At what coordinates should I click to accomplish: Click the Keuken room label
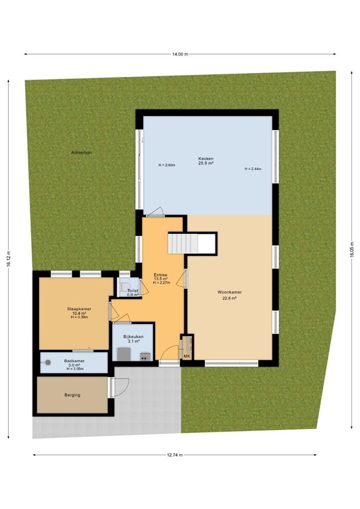click(206, 158)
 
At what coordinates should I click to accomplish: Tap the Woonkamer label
click(229, 292)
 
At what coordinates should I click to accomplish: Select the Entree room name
click(160, 274)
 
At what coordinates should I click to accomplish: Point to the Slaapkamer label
click(78, 309)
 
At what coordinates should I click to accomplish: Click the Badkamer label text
click(73, 361)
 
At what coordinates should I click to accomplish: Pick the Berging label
click(72, 395)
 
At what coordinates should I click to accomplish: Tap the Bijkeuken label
click(134, 337)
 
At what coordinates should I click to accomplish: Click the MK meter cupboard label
click(187, 357)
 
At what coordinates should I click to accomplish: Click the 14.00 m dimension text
click(180, 54)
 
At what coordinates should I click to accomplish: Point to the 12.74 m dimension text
click(174, 455)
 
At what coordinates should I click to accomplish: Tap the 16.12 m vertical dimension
click(9, 261)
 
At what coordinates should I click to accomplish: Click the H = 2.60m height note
click(166, 165)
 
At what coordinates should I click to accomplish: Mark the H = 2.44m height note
click(253, 170)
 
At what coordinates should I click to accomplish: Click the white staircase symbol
click(192, 243)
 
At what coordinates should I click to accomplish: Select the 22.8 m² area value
click(229, 298)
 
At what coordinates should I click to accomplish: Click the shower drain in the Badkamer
click(48, 362)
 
